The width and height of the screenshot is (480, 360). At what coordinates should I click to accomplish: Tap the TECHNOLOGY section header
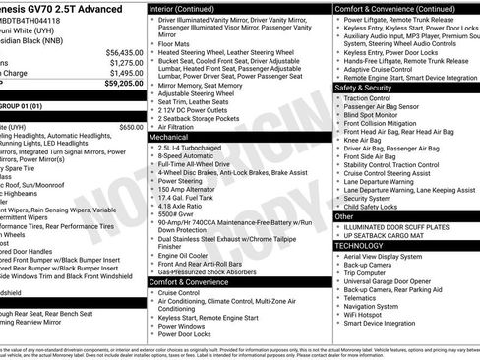366,244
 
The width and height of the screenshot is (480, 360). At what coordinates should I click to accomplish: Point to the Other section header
344,215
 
